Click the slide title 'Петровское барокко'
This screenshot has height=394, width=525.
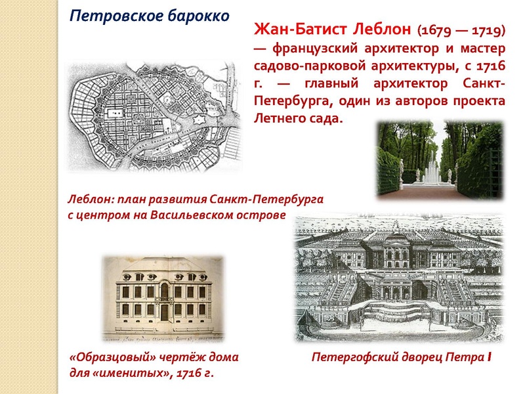click(x=150, y=15)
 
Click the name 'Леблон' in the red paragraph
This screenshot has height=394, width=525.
click(x=377, y=30)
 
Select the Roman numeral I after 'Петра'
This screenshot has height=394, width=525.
click(x=489, y=358)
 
